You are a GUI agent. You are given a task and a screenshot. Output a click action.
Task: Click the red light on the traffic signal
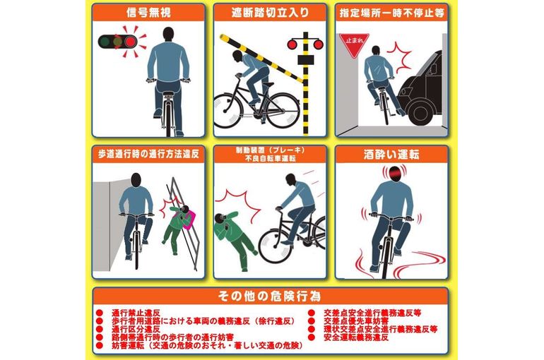[130, 42]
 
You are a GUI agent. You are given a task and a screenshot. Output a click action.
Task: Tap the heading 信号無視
[149, 13]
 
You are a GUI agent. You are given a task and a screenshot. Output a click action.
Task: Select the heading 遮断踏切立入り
[270, 13]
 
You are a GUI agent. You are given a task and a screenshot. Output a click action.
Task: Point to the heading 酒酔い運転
[391, 155]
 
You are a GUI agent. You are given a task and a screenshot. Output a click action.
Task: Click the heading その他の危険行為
[270, 296]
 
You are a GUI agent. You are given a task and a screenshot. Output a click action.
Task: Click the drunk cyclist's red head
[394, 173]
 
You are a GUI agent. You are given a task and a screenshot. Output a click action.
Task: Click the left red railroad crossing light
[292, 44]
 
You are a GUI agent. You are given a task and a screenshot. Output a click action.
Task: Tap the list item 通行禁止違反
[136, 313]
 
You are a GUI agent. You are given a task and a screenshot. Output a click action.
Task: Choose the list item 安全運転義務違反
[356, 337]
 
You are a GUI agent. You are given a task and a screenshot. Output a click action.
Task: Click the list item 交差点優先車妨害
[352, 321]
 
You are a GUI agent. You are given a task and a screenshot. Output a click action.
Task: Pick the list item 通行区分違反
[136, 329]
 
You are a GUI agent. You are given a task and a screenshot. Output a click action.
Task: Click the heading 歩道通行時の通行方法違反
[148, 155]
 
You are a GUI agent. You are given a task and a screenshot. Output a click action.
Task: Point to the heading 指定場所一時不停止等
[391, 13]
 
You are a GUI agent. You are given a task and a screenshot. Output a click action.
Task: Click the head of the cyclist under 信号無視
[168, 35]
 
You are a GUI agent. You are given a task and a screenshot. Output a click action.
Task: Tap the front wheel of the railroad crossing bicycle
[225, 110]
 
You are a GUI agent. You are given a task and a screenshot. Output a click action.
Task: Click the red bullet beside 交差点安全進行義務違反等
[311, 313]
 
